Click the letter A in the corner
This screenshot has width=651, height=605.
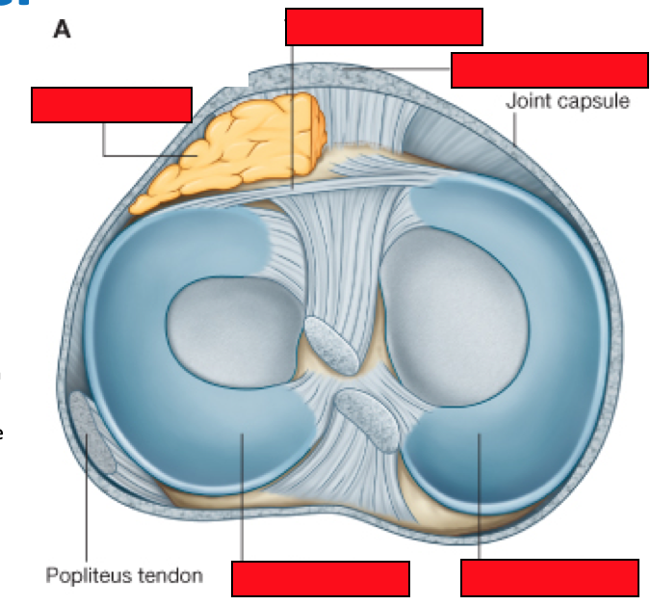[x=61, y=30]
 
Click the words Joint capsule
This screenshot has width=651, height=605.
[x=567, y=100]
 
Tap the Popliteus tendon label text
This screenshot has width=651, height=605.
[x=124, y=575]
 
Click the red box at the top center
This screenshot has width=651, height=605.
[x=383, y=27]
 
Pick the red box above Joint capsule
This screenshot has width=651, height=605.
[x=549, y=70]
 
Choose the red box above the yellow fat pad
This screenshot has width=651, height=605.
[x=112, y=105]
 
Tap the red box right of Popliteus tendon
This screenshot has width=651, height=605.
[x=321, y=578]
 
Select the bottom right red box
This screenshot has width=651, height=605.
[x=550, y=577]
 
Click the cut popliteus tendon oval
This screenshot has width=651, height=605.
[x=91, y=437]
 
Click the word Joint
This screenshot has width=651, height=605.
[x=528, y=100]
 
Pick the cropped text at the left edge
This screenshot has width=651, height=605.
[x=3, y=405]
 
